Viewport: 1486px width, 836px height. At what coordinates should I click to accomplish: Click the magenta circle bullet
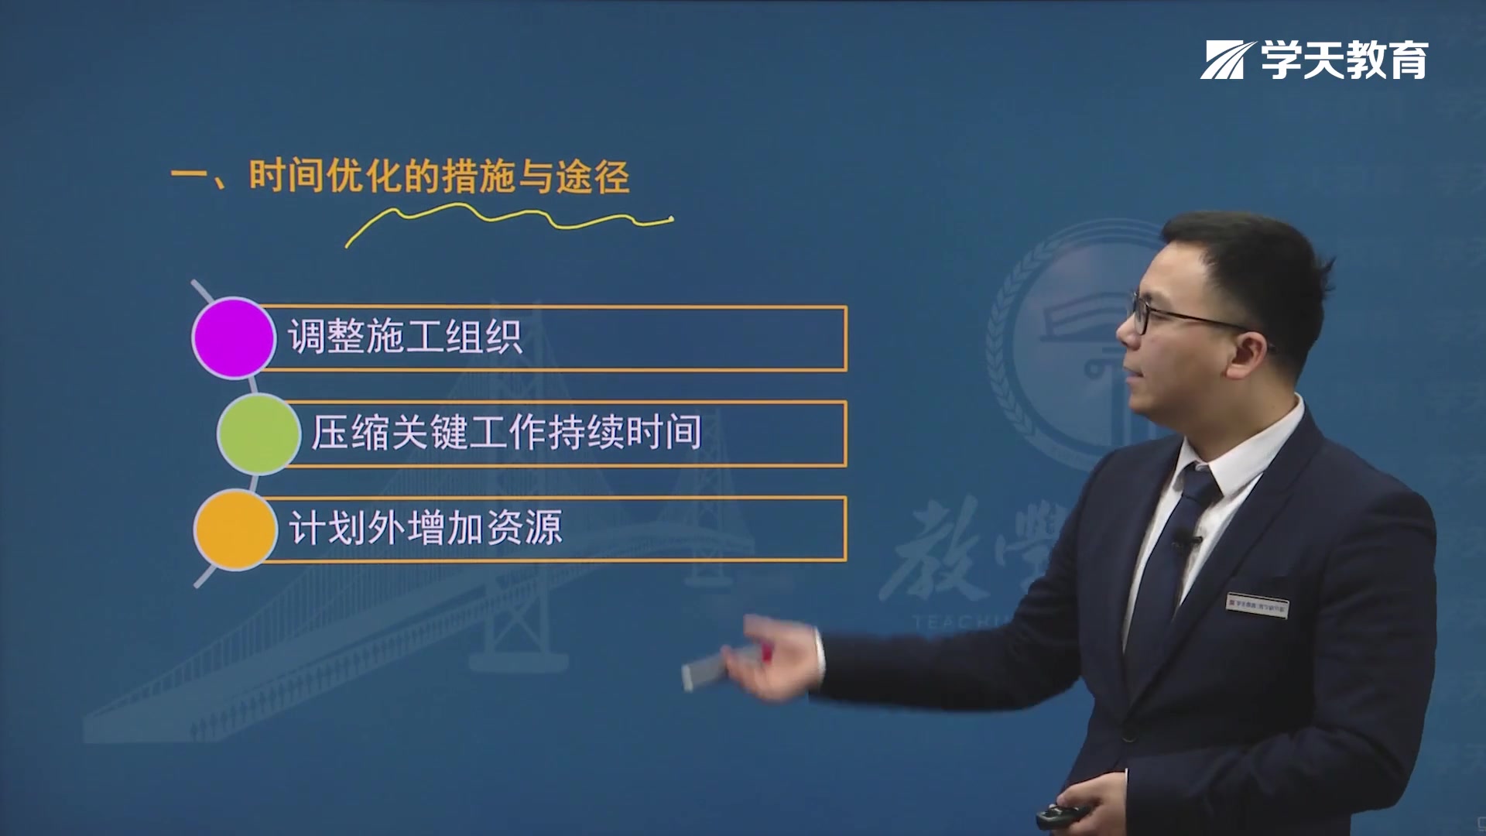(233, 338)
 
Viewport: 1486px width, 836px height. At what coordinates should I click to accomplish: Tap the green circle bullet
(259, 433)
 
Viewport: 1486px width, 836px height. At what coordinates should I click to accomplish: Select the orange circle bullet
(235, 529)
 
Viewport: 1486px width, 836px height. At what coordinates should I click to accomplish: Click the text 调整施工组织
(405, 338)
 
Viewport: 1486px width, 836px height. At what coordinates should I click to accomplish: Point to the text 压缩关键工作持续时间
(506, 433)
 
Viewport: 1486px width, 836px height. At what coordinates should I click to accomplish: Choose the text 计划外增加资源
(425, 529)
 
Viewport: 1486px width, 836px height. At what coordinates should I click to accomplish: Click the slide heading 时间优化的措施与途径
(438, 176)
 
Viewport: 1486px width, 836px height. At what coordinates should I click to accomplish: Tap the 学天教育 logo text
(1344, 60)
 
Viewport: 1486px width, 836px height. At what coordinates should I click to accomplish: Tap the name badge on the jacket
(1257, 605)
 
